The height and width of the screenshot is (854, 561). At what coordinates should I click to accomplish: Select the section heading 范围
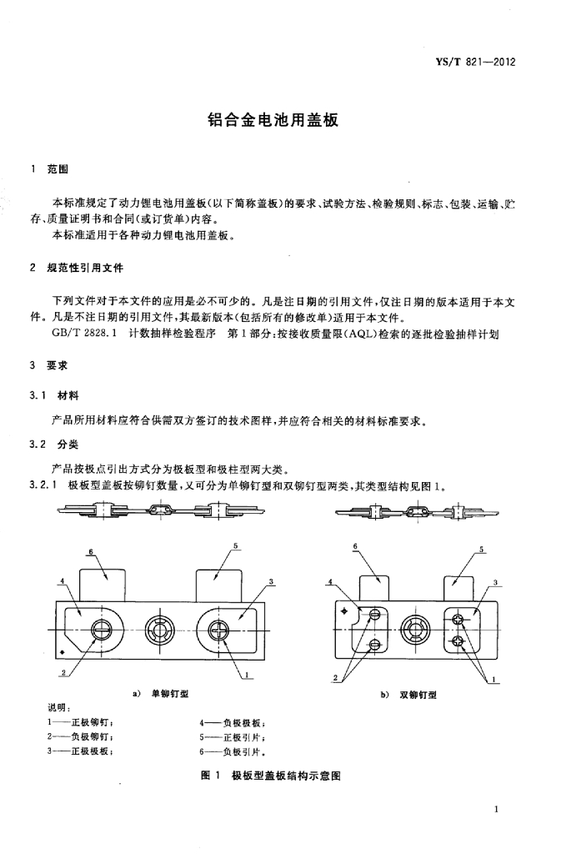58,170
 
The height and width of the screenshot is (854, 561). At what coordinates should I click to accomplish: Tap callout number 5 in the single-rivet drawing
237,545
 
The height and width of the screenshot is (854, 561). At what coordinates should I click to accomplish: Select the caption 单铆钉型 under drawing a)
171,693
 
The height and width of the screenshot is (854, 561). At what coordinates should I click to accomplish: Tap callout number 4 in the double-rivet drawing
331,581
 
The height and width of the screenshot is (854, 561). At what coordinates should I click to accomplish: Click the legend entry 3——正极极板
81,751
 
